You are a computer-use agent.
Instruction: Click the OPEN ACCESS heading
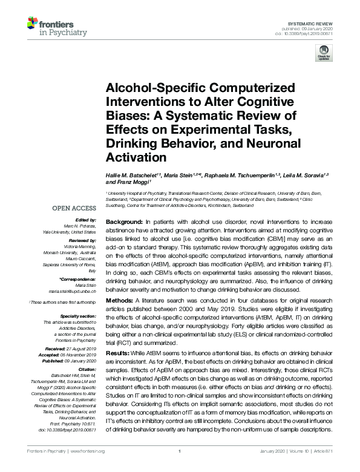click(74, 209)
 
